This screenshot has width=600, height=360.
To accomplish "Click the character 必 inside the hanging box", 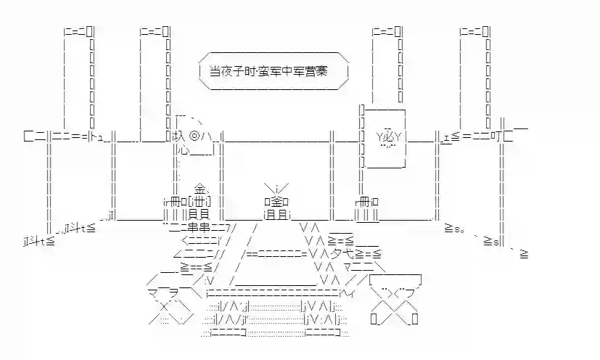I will coord(389,135).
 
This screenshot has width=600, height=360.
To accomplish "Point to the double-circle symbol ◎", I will coord(194,135).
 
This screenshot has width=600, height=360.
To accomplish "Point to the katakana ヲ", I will coord(163,292).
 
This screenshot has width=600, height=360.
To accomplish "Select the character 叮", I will coord(498,135).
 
